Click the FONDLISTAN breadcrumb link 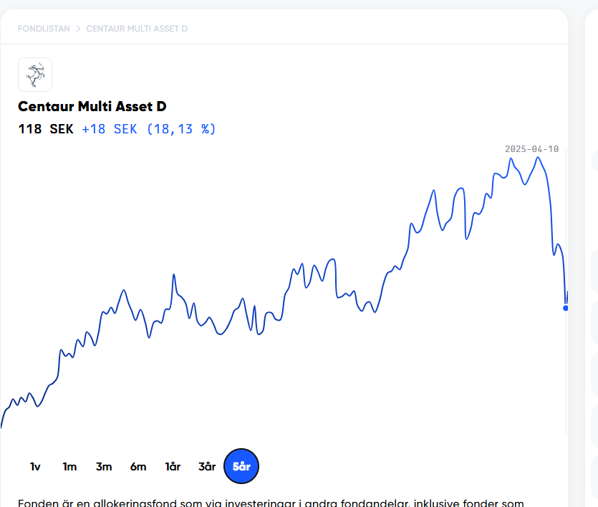click(44, 29)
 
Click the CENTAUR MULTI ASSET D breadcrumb click(137, 29)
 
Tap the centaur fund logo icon click(35, 75)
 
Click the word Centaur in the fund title click(45, 107)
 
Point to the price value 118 click(29, 129)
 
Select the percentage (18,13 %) click(181, 129)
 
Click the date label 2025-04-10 click(531, 149)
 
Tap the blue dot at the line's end click(566, 308)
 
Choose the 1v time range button click(35, 467)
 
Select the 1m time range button click(69, 467)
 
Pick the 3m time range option click(104, 467)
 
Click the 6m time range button click(138, 467)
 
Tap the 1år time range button click(173, 467)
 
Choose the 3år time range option click(207, 467)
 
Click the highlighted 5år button click(241, 467)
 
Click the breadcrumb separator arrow click(78, 29)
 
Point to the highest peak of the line click(537, 157)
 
